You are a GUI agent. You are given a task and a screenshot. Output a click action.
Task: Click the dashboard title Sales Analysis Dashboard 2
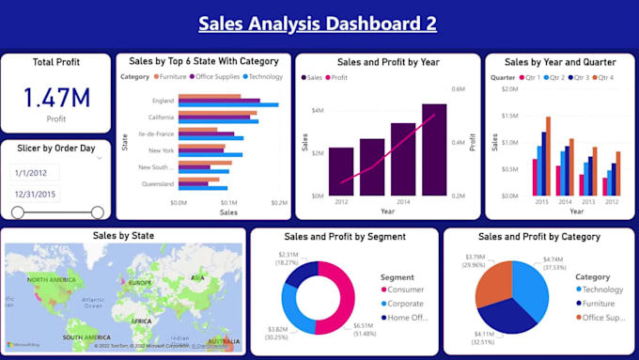click(x=319, y=23)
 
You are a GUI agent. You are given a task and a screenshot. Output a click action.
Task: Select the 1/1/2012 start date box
click(x=34, y=173)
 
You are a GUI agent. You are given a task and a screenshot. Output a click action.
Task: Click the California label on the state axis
click(x=161, y=117)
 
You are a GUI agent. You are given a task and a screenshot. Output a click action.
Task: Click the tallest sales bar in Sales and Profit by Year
click(x=434, y=149)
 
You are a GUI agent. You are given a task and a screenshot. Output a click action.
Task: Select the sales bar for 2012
click(x=341, y=171)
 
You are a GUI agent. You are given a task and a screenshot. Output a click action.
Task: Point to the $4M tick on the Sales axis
click(x=317, y=111)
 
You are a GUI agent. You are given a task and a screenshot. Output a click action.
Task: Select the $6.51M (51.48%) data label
click(x=365, y=329)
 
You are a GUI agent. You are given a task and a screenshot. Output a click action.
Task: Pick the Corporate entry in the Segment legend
click(x=405, y=304)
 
